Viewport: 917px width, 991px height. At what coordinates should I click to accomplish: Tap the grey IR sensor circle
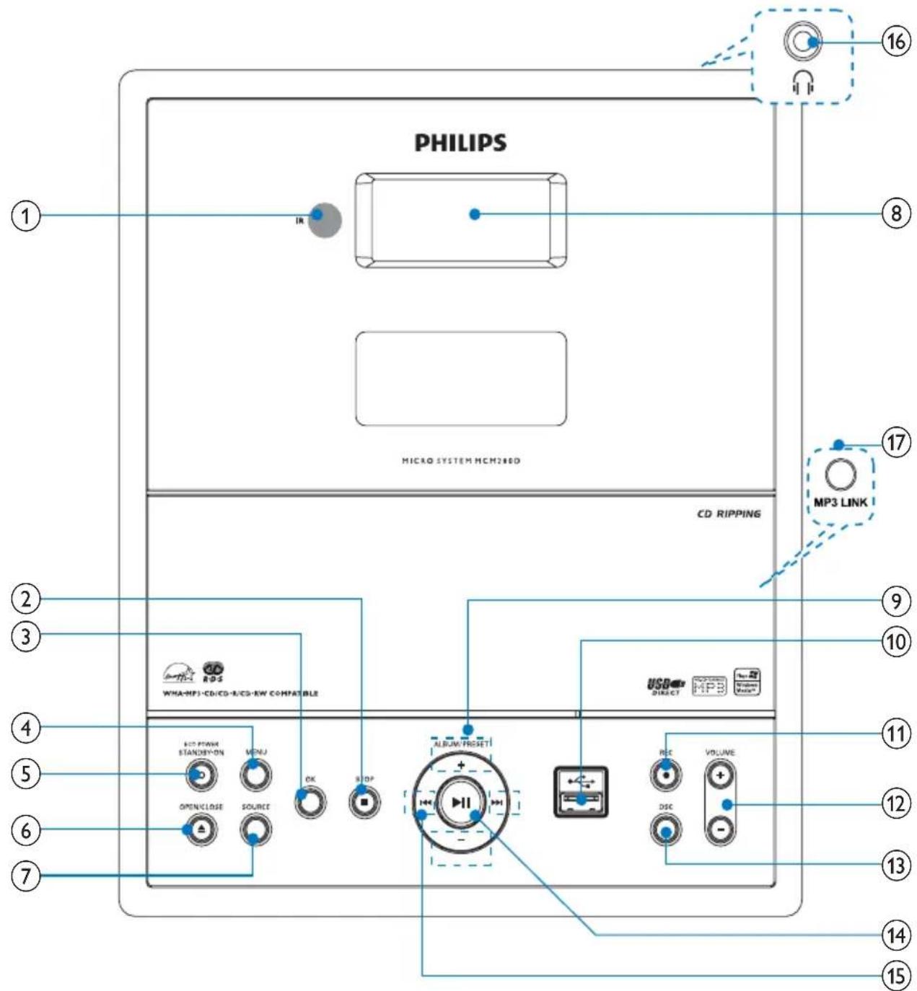(324, 221)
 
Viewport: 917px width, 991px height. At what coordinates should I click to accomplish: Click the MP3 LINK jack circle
(839, 474)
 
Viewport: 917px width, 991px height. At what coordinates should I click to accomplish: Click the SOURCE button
(256, 829)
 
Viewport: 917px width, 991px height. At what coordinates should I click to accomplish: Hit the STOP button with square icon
(365, 801)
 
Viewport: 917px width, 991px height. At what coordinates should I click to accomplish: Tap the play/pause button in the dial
(461, 802)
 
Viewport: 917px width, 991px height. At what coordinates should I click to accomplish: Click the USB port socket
(581, 792)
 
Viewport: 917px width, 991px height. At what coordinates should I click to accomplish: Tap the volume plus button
(720, 775)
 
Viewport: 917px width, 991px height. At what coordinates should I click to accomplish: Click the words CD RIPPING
(729, 514)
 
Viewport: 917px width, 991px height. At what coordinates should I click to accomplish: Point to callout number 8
(895, 214)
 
